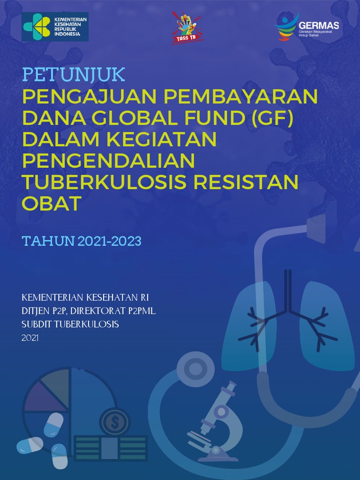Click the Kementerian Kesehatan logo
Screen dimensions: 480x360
pos(54,27)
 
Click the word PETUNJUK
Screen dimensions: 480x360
pos(74,75)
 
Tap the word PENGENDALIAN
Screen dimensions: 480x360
pos(108,161)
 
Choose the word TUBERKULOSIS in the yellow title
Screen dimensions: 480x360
pos(105,182)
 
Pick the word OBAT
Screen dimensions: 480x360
pos(52,203)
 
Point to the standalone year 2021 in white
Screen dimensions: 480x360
pos(30,337)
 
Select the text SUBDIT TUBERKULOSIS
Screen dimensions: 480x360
pos(70,324)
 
